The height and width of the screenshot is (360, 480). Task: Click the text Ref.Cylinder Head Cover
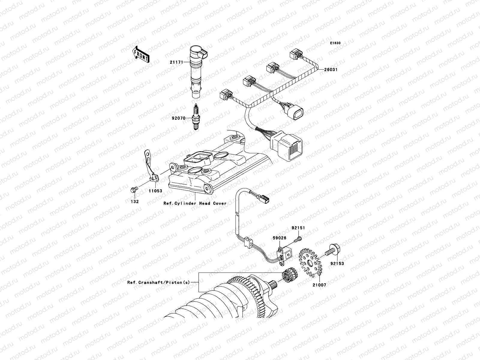click(x=195, y=203)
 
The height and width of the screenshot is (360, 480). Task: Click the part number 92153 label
click(x=337, y=264)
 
